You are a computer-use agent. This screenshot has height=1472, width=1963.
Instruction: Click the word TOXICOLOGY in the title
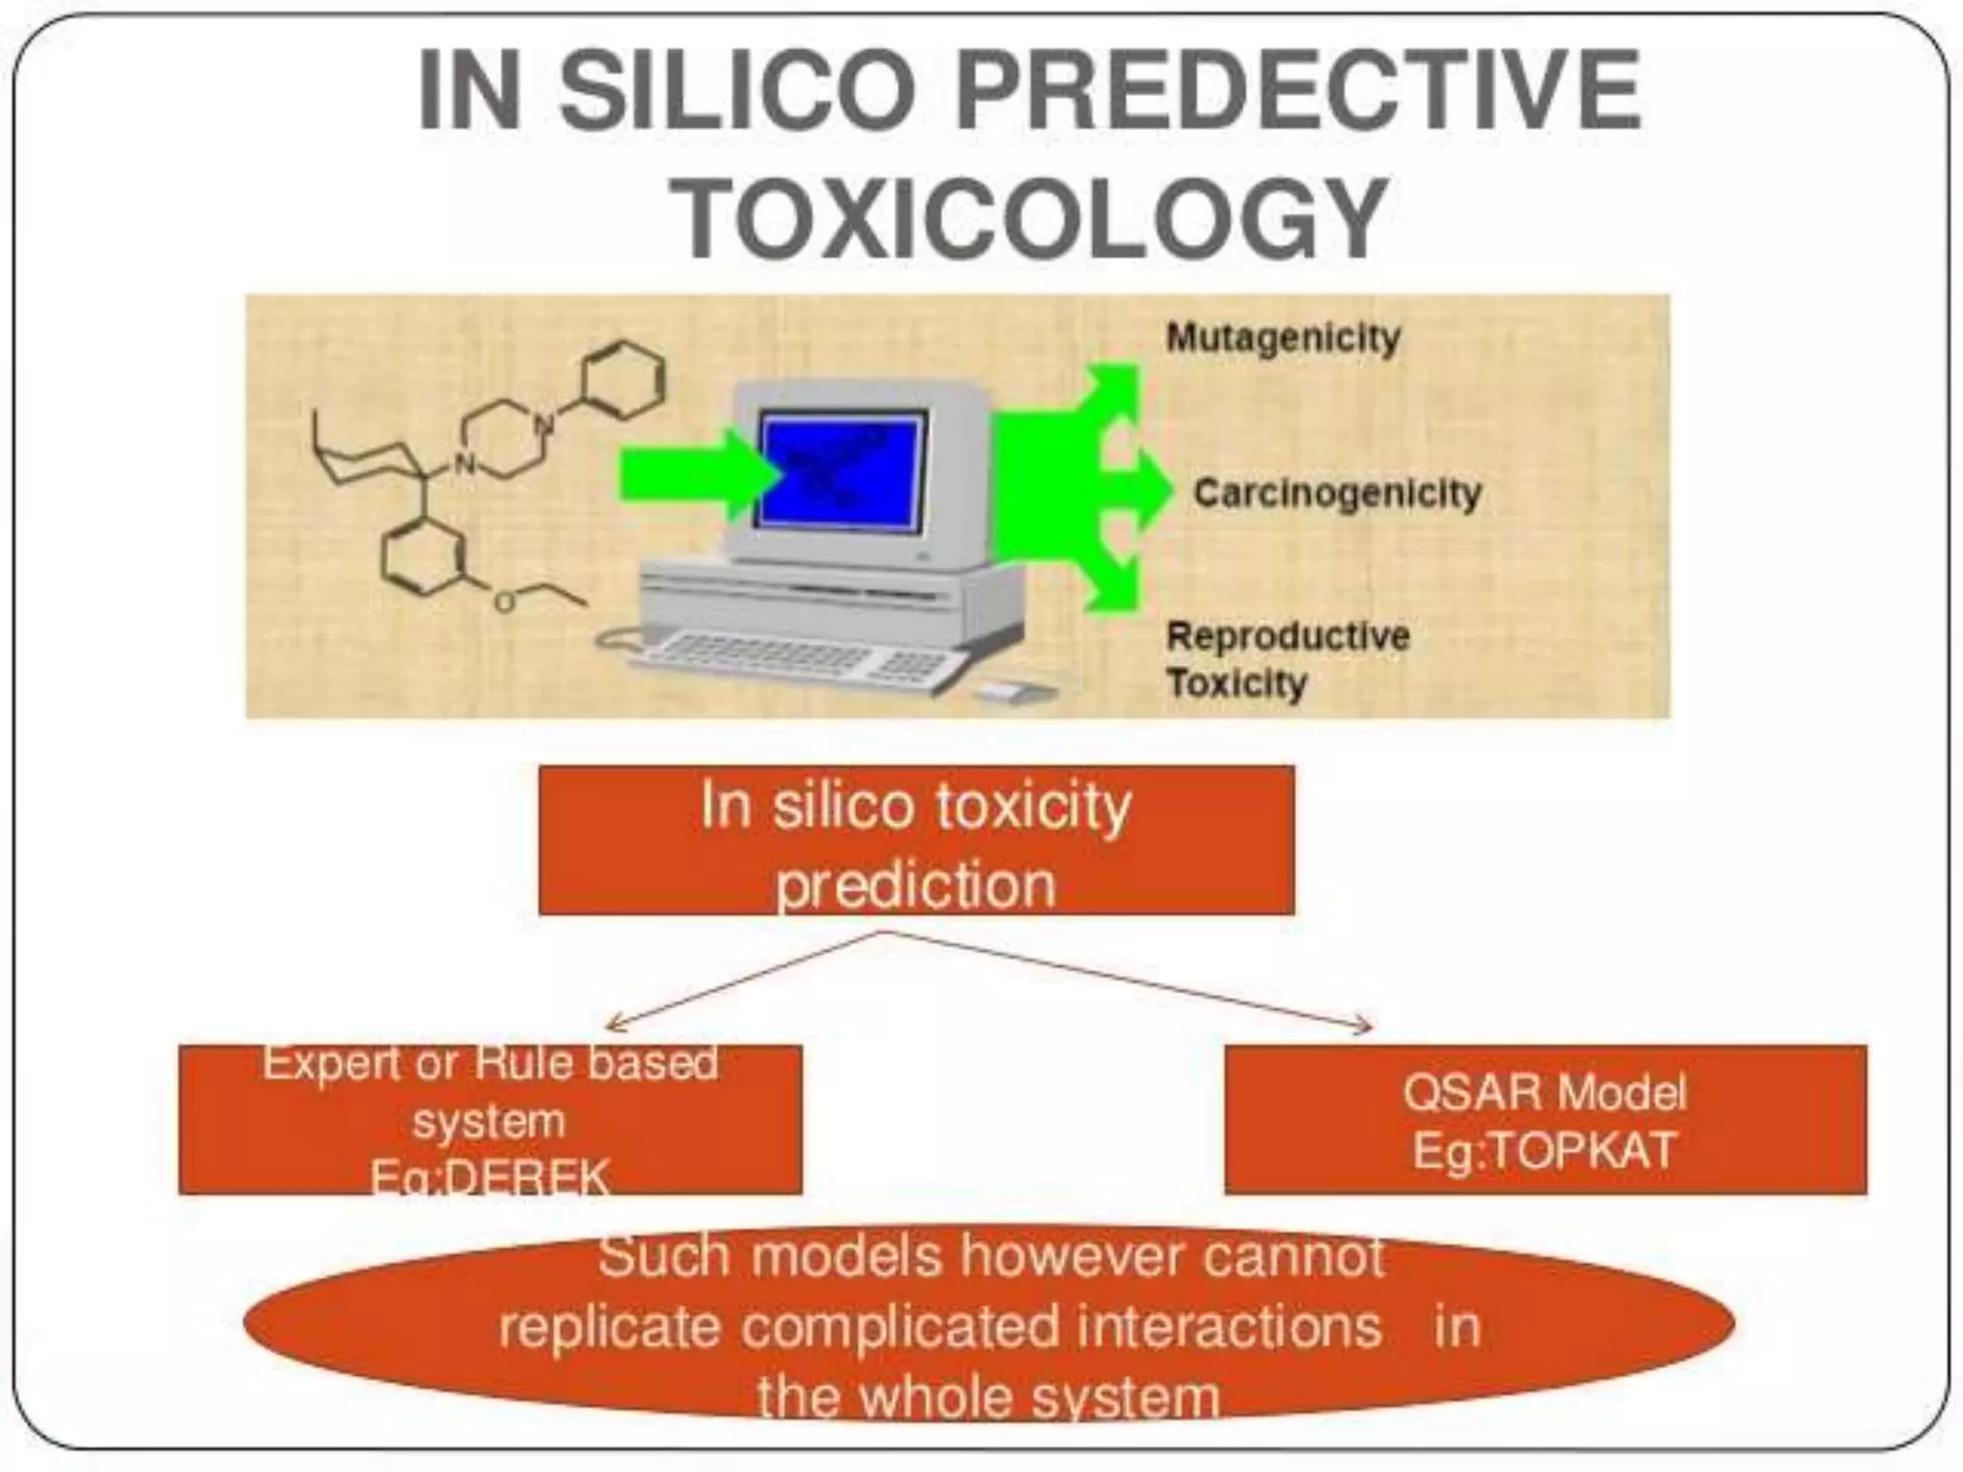(1028, 218)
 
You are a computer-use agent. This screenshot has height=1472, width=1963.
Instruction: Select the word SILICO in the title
(736, 91)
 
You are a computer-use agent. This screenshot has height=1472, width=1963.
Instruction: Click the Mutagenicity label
(1282, 338)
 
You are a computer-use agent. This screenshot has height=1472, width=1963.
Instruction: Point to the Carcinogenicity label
(1336, 494)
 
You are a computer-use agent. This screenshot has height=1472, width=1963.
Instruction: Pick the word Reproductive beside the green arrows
(1287, 636)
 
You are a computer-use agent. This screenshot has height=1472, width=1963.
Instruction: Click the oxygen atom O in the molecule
(503, 602)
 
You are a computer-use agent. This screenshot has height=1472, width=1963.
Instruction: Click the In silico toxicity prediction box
(915, 840)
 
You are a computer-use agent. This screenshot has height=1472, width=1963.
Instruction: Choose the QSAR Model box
(1544, 1119)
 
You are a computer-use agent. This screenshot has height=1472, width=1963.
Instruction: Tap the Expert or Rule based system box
(490, 1119)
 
